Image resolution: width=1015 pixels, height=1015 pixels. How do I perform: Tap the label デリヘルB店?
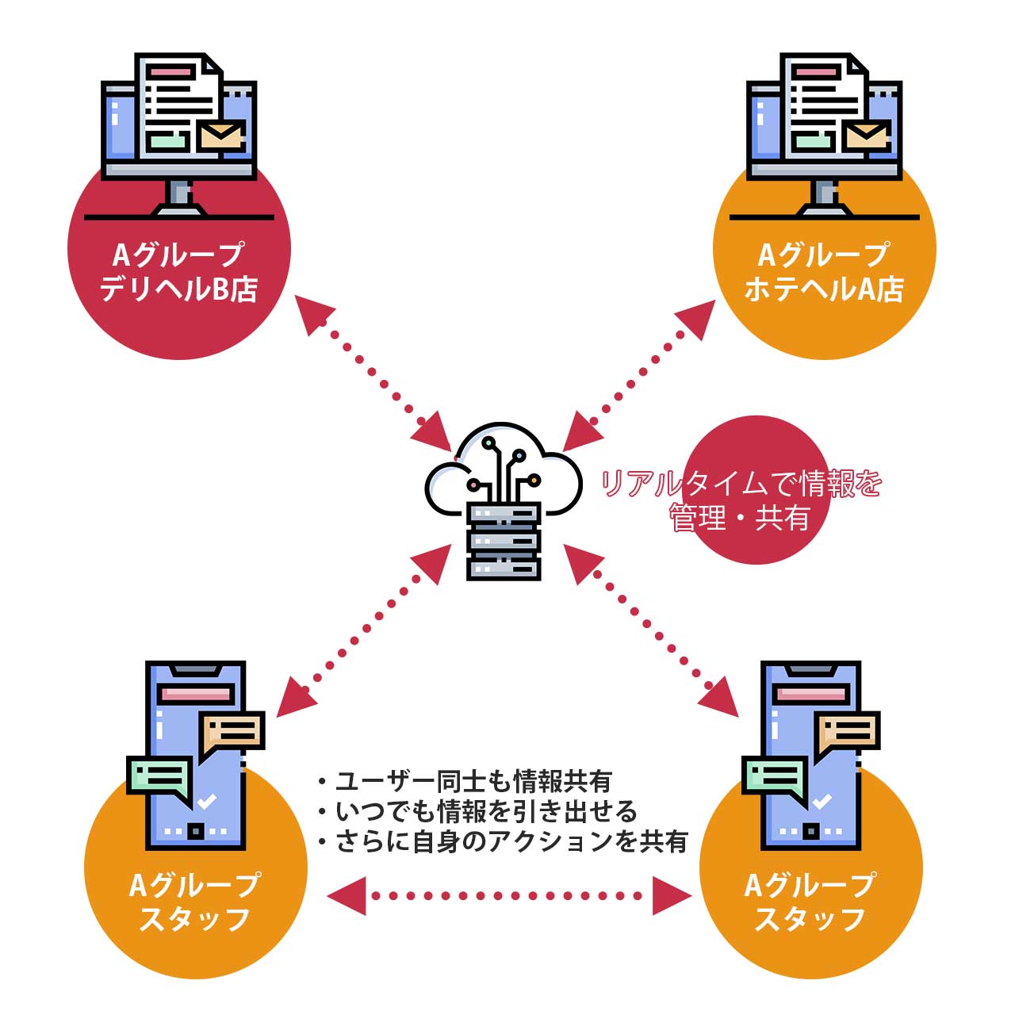tap(179, 289)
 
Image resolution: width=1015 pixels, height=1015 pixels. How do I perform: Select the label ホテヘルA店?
tap(825, 289)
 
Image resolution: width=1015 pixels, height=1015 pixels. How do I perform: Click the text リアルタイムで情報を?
tap(741, 483)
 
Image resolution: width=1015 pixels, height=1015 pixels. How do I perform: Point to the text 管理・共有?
tap(741, 519)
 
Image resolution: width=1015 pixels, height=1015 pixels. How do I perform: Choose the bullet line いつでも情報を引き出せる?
tap(479, 811)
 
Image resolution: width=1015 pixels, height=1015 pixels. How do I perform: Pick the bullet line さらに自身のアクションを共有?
tap(504, 841)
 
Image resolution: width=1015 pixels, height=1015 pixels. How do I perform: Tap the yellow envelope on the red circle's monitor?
tap(221, 136)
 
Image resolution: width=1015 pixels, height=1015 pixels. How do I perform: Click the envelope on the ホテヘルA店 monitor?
tap(867, 136)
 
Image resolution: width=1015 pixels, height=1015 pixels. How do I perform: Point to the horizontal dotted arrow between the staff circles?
tap(508, 896)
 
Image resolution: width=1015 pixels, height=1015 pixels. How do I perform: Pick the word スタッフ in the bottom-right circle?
tap(810, 919)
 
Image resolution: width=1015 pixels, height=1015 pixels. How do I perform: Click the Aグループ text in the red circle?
tap(179, 255)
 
